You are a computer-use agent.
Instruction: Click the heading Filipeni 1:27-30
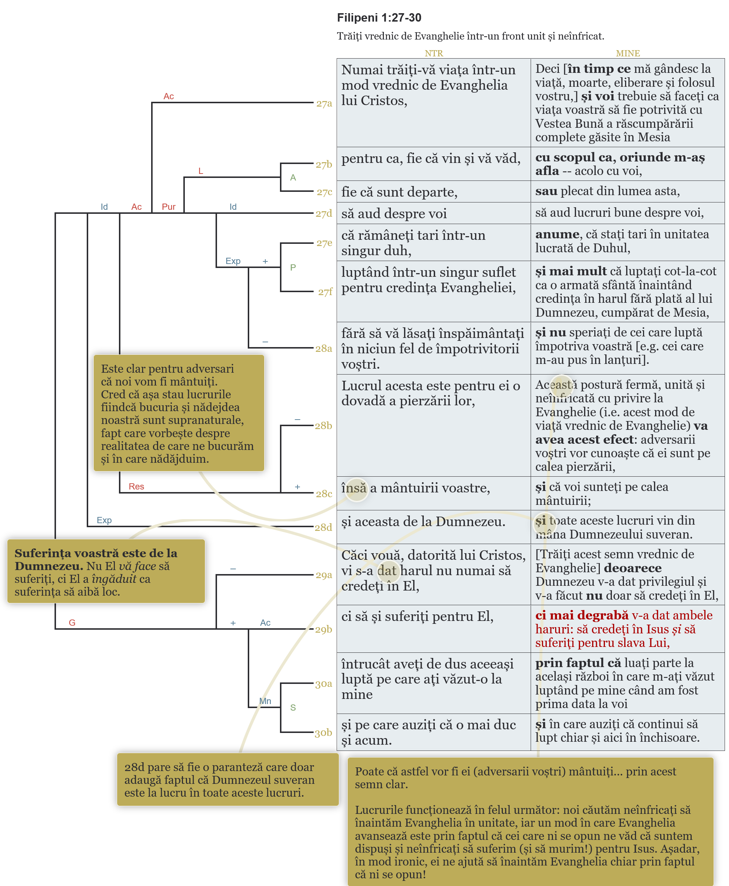379,18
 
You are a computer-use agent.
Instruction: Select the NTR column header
433,53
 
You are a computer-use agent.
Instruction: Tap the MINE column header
627,53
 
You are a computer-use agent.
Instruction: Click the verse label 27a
324,103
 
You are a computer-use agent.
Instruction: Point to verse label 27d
324,214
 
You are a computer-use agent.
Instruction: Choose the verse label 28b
324,425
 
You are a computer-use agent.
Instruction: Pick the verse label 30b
324,733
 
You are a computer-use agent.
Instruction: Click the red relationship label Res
136,487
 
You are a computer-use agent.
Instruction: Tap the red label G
72,623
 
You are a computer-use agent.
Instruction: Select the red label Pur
168,207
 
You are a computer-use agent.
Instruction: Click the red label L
201,171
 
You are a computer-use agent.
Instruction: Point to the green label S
293,708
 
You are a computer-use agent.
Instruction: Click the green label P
293,267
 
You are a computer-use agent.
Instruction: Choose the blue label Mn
265,701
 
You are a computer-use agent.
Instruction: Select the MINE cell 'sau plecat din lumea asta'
607,191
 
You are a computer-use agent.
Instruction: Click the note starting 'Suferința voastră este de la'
106,572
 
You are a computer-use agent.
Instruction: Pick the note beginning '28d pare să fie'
228,780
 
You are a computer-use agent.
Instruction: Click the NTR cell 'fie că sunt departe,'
399,192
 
